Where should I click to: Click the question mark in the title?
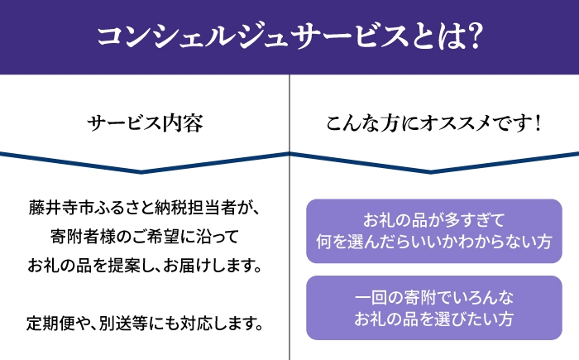(474, 36)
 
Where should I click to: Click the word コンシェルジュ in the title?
(192, 37)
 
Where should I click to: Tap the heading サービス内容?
(145, 123)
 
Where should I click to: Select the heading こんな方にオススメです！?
(434, 123)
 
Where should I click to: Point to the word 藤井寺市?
(61, 208)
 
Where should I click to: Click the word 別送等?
(123, 323)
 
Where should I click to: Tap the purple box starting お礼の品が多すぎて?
(434, 231)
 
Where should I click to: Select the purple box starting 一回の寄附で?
(434, 308)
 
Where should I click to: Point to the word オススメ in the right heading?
(456, 123)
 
